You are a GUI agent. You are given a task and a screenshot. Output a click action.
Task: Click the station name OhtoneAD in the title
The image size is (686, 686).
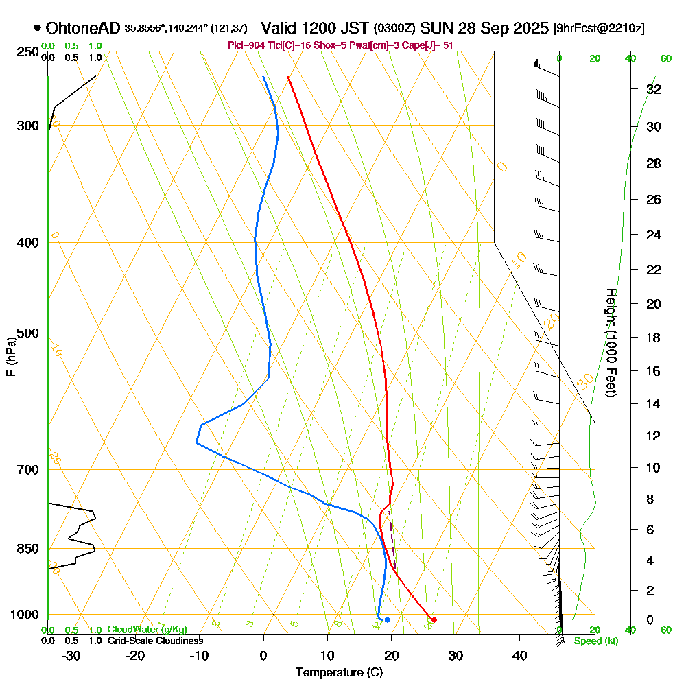click(x=83, y=28)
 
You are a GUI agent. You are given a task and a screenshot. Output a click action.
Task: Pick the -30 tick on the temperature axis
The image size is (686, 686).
click(x=71, y=655)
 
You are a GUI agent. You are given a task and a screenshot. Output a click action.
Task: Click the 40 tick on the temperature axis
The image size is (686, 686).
click(x=519, y=655)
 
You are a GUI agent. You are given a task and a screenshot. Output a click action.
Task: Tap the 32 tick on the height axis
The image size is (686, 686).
click(x=654, y=88)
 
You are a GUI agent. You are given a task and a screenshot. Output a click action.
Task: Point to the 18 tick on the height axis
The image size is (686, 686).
click(x=654, y=337)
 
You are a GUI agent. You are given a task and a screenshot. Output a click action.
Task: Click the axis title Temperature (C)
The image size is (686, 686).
click(x=339, y=672)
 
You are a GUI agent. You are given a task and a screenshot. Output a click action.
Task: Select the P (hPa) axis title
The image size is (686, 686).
click(x=10, y=356)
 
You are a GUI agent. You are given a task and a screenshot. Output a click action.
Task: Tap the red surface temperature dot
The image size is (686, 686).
click(x=434, y=619)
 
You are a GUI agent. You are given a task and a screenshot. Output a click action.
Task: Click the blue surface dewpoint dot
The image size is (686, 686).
click(x=388, y=619)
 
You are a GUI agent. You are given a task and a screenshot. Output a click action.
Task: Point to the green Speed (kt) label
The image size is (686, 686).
click(x=594, y=641)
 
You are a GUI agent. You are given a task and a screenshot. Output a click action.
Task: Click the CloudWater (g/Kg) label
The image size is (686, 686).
click(x=146, y=630)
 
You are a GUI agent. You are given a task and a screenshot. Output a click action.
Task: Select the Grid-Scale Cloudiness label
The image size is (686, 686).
click(x=154, y=641)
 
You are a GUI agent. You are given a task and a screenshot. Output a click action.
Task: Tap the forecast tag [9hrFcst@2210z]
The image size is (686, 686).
click(x=598, y=29)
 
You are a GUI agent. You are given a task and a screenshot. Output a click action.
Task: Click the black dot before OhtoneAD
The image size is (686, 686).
click(x=37, y=28)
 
